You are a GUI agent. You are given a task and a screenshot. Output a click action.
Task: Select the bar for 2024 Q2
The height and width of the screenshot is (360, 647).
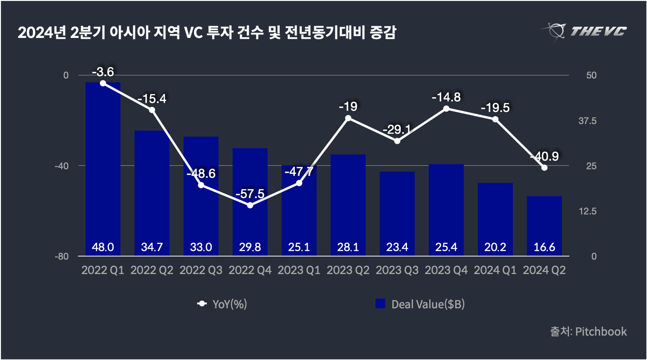(x=544, y=223)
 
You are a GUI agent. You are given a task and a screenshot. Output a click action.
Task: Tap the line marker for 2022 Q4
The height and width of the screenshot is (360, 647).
(x=250, y=205)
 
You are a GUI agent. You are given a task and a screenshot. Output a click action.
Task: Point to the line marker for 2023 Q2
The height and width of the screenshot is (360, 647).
(x=348, y=118)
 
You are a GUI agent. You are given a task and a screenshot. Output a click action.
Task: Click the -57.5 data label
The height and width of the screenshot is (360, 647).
(x=250, y=194)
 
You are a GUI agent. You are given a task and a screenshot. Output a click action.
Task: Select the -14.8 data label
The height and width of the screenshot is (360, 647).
(x=446, y=97)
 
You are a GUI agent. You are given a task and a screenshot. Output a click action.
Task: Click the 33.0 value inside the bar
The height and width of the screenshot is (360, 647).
(x=201, y=247)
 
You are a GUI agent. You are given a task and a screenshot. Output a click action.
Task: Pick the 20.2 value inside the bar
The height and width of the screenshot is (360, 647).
(x=495, y=247)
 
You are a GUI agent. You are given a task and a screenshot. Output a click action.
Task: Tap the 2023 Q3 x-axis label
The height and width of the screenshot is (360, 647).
(x=397, y=270)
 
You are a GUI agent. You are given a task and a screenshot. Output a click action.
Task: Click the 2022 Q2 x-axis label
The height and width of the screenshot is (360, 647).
(x=152, y=270)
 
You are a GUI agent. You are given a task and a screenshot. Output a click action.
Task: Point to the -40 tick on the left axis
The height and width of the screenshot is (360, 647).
(x=62, y=166)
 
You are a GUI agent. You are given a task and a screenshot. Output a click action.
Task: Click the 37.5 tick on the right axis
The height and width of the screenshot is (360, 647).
(x=587, y=121)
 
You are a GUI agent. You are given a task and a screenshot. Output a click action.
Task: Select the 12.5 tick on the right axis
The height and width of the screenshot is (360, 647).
(x=587, y=211)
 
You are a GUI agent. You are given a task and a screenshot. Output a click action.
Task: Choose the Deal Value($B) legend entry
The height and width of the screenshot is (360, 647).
(x=421, y=304)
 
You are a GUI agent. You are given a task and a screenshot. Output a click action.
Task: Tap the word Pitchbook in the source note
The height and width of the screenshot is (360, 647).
(x=601, y=332)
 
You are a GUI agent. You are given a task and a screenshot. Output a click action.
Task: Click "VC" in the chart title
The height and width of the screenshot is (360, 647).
(x=193, y=33)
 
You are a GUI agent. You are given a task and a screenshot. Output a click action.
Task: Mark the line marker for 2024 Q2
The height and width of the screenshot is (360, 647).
(x=544, y=168)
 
